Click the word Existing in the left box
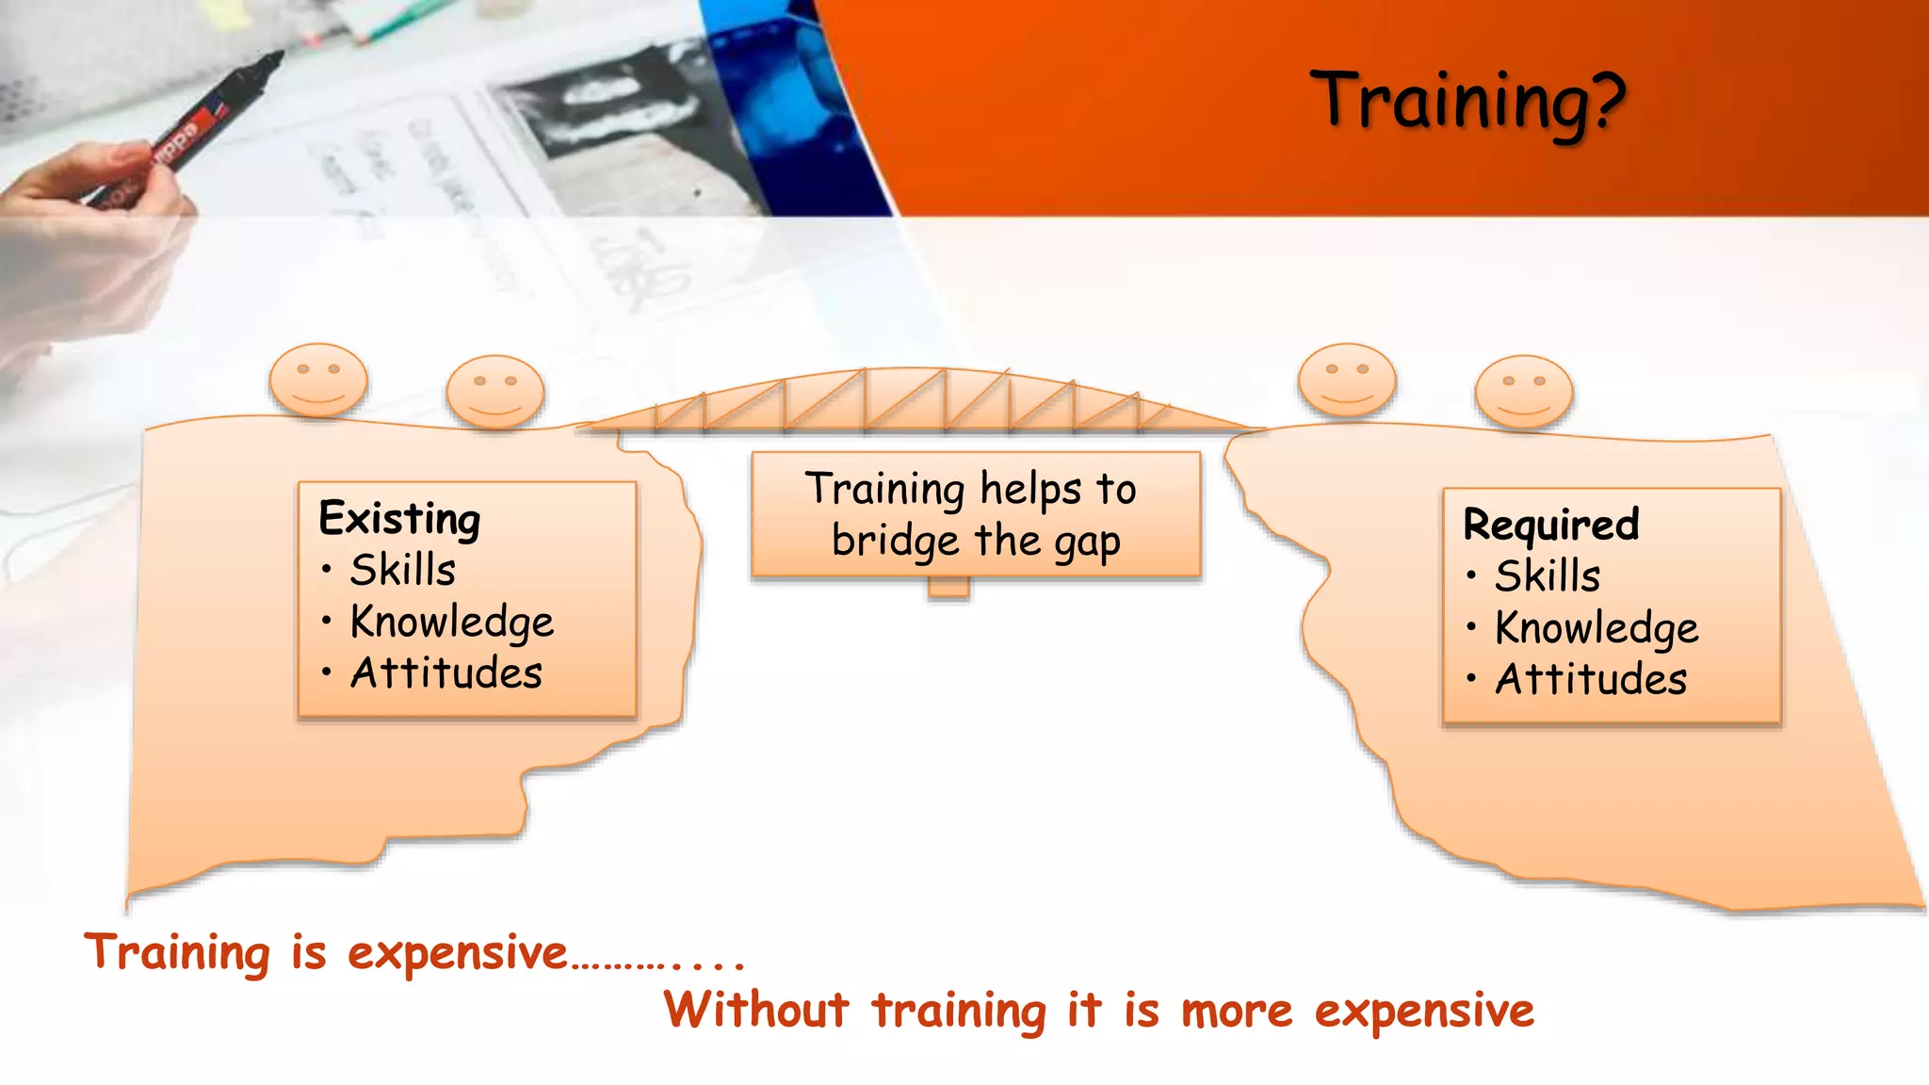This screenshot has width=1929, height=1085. pos(399,519)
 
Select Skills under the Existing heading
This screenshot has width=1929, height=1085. pos(403,571)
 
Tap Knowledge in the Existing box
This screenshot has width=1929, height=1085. pos(452,623)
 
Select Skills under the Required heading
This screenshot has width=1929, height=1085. pos(1548,576)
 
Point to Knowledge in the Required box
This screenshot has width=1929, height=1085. pos(1597,628)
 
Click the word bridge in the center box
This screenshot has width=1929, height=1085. pos(895,542)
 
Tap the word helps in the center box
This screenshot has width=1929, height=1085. pos(1030,490)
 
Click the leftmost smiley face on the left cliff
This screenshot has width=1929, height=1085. pos(318,380)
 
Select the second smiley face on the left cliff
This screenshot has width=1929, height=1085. pos(495,391)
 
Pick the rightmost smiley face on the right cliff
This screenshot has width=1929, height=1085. pos(1524,391)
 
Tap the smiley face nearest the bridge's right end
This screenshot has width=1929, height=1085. pos(1347,380)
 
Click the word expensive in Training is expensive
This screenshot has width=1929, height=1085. pos(458,954)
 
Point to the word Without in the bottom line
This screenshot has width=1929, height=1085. pos(756,1011)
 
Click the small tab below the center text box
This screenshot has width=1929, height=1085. pos(948,588)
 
